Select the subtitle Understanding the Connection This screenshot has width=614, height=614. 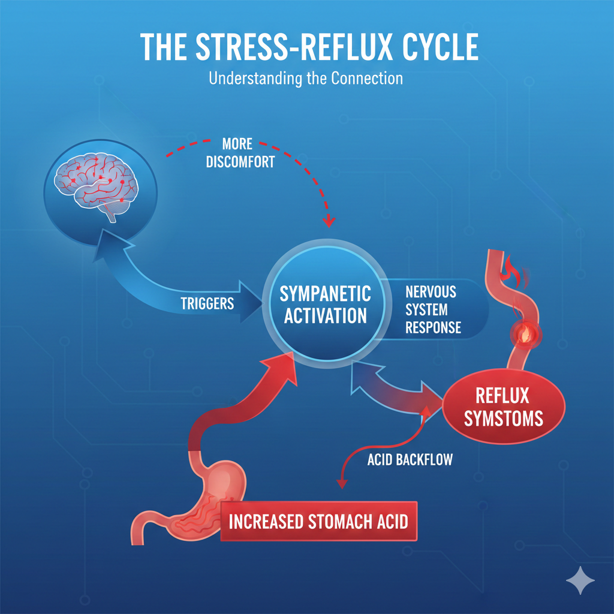click(306, 78)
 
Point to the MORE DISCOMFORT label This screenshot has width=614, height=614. click(240, 153)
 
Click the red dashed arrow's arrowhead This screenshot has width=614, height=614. click(328, 222)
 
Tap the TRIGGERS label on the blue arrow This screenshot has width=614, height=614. click(207, 303)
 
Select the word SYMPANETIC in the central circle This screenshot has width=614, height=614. click(326, 294)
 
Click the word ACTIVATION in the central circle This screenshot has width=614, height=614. click(326, 315)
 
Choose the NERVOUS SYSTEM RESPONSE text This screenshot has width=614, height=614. click(432, 309)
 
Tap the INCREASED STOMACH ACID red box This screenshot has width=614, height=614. click(318, 521)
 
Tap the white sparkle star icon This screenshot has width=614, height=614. click(580, 580)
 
